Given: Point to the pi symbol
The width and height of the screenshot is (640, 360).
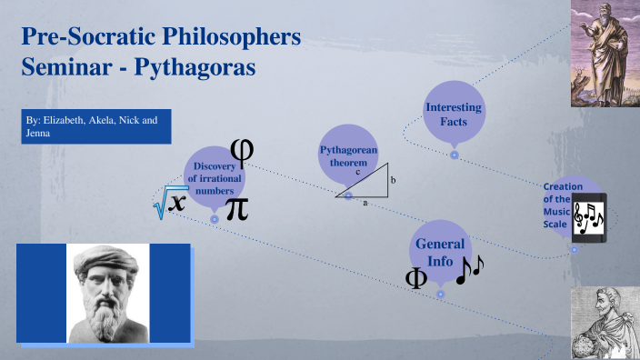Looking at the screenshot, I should click(x=235, y=207).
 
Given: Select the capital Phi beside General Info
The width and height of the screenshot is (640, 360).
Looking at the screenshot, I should click(x=416, y=279).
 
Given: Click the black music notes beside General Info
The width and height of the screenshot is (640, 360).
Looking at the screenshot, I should click(x=470, y=269).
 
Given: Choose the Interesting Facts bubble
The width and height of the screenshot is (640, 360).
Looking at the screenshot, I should click(x=454, y=115).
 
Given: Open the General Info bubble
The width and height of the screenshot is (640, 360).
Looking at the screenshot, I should click(x=440, y=252).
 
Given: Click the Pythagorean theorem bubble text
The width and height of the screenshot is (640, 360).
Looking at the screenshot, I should click(x=348, y=155).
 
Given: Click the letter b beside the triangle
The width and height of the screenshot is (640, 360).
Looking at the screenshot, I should click(x=393, y=181).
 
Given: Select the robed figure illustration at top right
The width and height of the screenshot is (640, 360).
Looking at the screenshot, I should click(x=605, y=45).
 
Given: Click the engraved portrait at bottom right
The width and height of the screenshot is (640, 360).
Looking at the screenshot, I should click(x=605, y=325).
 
